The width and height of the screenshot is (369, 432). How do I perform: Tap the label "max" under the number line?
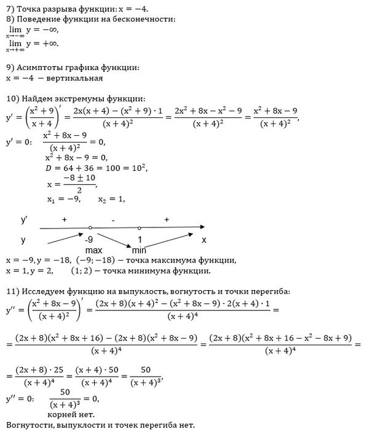[93, 250]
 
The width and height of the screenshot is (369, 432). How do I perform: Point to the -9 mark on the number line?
[90, 239]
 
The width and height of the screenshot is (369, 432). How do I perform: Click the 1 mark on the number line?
[140, 239]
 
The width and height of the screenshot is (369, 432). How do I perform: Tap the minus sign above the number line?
[113, 219]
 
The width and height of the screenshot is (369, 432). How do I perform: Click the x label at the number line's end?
[204, 239]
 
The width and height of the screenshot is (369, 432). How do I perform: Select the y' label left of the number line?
[25, 219]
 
